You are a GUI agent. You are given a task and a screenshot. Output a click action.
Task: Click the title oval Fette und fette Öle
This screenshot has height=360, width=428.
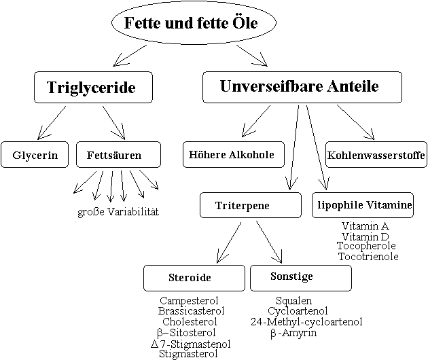[x=194, y=23]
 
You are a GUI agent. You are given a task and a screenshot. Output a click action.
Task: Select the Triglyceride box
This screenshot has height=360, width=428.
[x=93, y=88]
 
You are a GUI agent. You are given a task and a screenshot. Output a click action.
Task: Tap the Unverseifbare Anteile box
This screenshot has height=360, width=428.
[x=302, y=87]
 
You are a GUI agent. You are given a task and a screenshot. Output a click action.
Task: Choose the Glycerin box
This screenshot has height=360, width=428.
[x=35, y=155]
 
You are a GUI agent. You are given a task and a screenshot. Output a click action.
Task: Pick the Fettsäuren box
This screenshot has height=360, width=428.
[x=118, y=155]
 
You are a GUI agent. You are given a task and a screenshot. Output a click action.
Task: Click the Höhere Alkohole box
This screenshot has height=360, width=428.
[x=233, y=154]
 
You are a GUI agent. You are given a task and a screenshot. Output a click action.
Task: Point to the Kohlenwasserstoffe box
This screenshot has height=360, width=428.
[x=376, y=156]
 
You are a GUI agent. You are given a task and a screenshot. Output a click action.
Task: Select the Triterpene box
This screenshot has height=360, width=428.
[x=250, y=205]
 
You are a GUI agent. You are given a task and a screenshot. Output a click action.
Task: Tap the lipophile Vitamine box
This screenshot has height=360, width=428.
[x=363, y=204]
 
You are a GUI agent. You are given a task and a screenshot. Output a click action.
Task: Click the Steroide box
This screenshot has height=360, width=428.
[x=194, y=278]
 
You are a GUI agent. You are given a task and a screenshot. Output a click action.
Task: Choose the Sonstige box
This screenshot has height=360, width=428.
[x=300, y=277]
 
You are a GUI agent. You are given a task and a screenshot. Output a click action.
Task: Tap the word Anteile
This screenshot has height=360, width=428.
[x=353, y=86]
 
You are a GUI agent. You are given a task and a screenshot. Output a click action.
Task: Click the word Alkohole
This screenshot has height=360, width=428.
[x=251, y=155]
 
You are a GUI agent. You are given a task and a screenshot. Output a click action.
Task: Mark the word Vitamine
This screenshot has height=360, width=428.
[x=389, y=204]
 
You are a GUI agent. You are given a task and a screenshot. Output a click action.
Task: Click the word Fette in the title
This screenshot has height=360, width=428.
[x=141, y=23]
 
